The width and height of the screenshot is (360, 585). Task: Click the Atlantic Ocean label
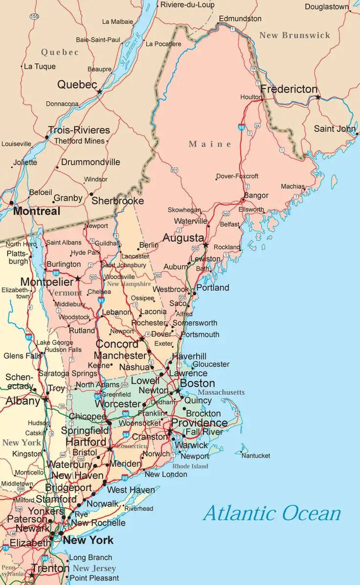coord(272,513)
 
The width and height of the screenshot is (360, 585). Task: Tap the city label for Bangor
coord(256,195)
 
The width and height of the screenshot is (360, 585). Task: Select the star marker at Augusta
coord(206,245)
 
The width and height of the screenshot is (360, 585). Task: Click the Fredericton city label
coord(289,89)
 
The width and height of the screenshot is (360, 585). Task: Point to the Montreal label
coord(37,211)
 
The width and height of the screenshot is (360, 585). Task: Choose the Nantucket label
coord(256,455)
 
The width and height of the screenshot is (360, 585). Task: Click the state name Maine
coord(210,144)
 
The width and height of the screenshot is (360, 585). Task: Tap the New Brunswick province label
coord(294,35)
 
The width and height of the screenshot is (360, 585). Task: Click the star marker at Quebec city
coord(100,91)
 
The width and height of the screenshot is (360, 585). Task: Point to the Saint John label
coord(335,129)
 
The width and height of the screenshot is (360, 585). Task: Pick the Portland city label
coord(213,288)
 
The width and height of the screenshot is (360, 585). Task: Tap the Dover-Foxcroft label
coord(237,176)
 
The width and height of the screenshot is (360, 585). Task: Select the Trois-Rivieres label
coord(79,130)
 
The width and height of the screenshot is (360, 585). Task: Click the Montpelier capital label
coord(46,282)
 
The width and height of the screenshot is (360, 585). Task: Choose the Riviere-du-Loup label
coord(187,5)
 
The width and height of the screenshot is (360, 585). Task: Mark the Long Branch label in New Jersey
coord(90,557)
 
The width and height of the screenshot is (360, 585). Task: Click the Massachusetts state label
coord(221,392)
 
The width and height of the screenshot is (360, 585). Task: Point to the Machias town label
coord(292,186)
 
